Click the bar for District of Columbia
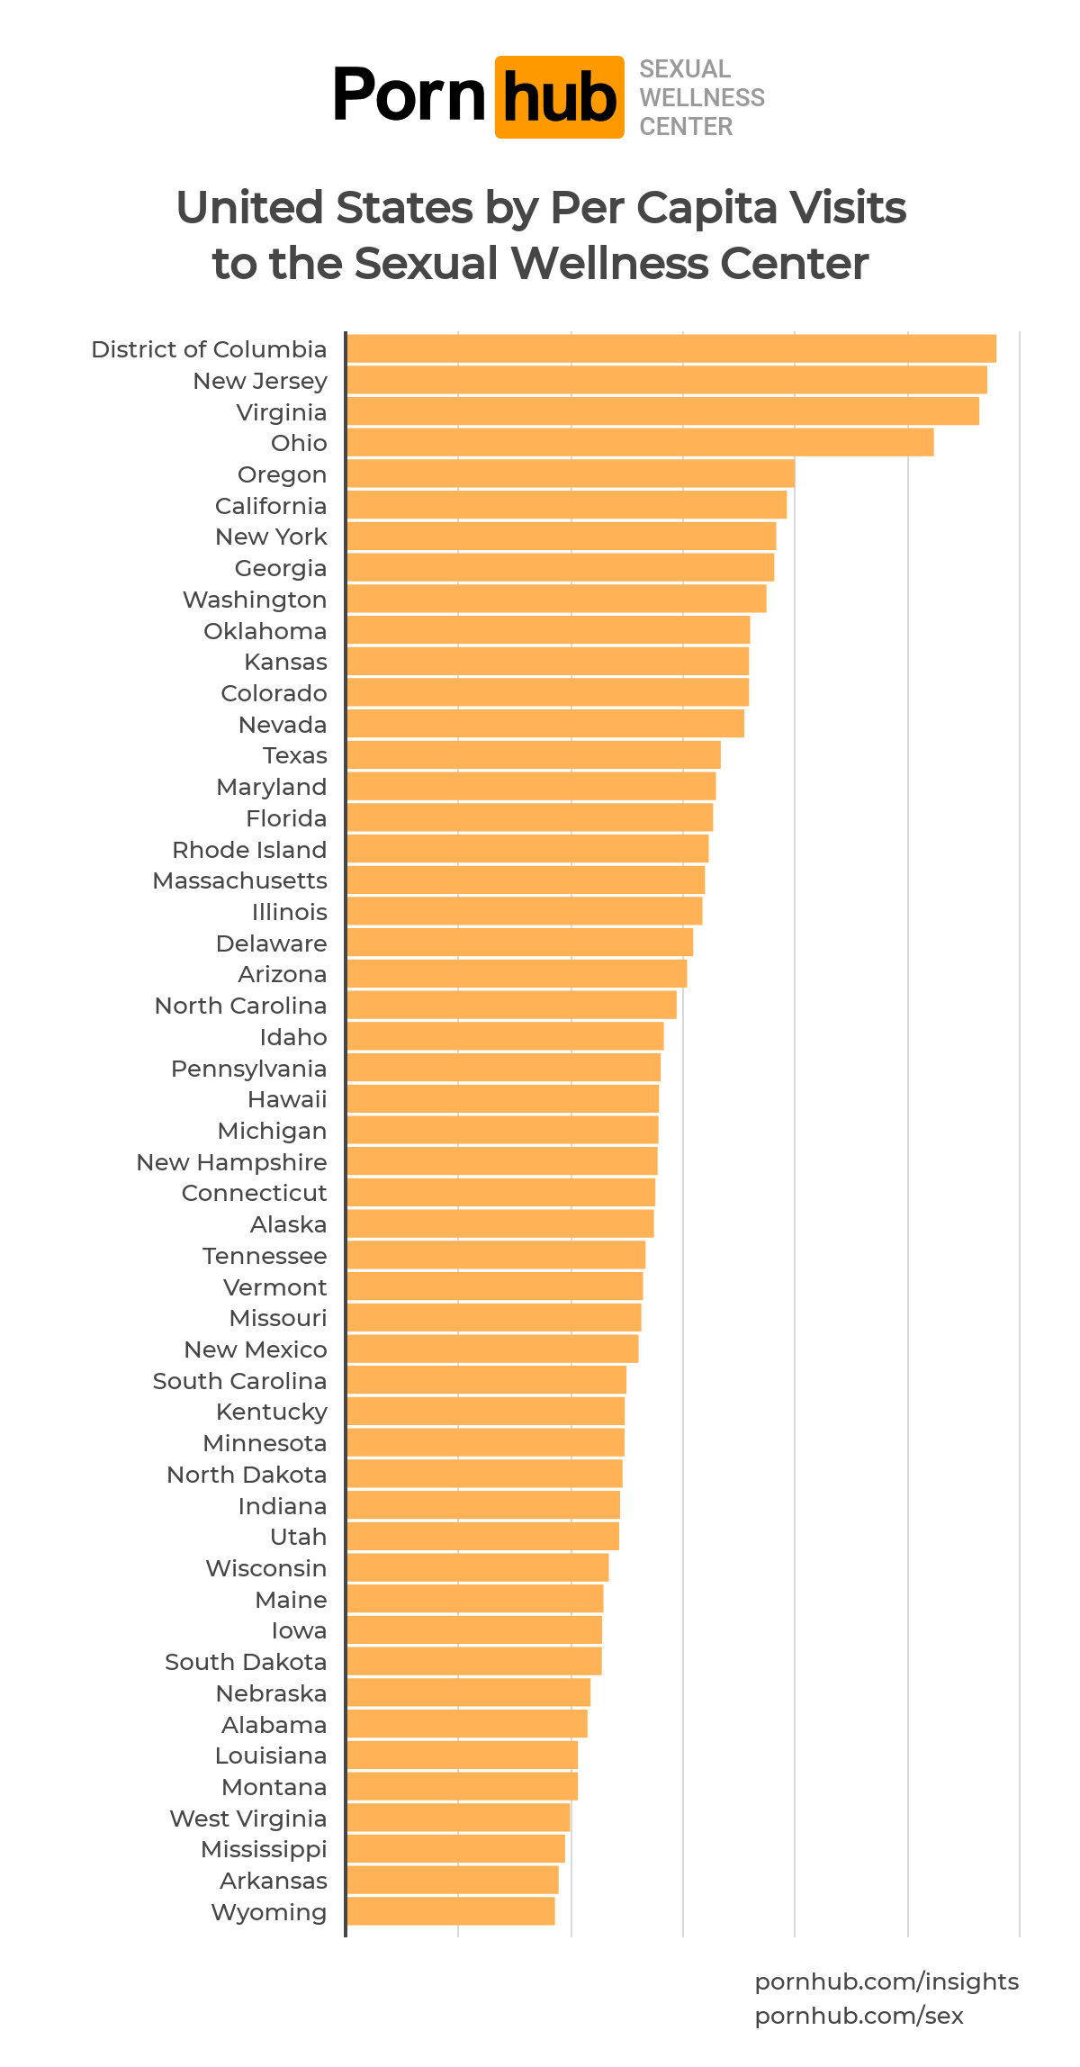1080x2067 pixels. (x=670, y=348)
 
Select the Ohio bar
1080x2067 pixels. (x=639, y=442)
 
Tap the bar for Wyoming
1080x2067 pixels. (x=450, y=1911)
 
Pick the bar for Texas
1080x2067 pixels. (x=533, y=754)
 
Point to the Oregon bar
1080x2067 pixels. (x=570, y=474)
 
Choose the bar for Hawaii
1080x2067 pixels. (x=502, y=1098)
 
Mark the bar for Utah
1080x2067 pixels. (x=482, y=1536)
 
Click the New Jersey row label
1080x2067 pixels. (x=260, y=381)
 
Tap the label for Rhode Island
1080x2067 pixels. (x=249, y=850)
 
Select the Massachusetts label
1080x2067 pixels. (x=239, y=880)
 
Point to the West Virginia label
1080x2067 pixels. (x=247, y=1819)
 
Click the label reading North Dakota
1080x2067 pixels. (x=247, y=1475)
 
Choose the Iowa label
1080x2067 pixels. (x=299, y=1630)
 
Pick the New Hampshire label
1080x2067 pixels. (x=231, y=1162)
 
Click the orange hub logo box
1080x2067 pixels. (x=559, y=97)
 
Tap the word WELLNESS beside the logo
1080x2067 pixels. (x=702, y=97)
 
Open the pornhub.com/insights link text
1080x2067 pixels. (x=886, y=1981)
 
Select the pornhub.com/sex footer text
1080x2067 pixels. (x=859, y=2016)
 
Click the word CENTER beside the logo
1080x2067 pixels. (x=686, y=126)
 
